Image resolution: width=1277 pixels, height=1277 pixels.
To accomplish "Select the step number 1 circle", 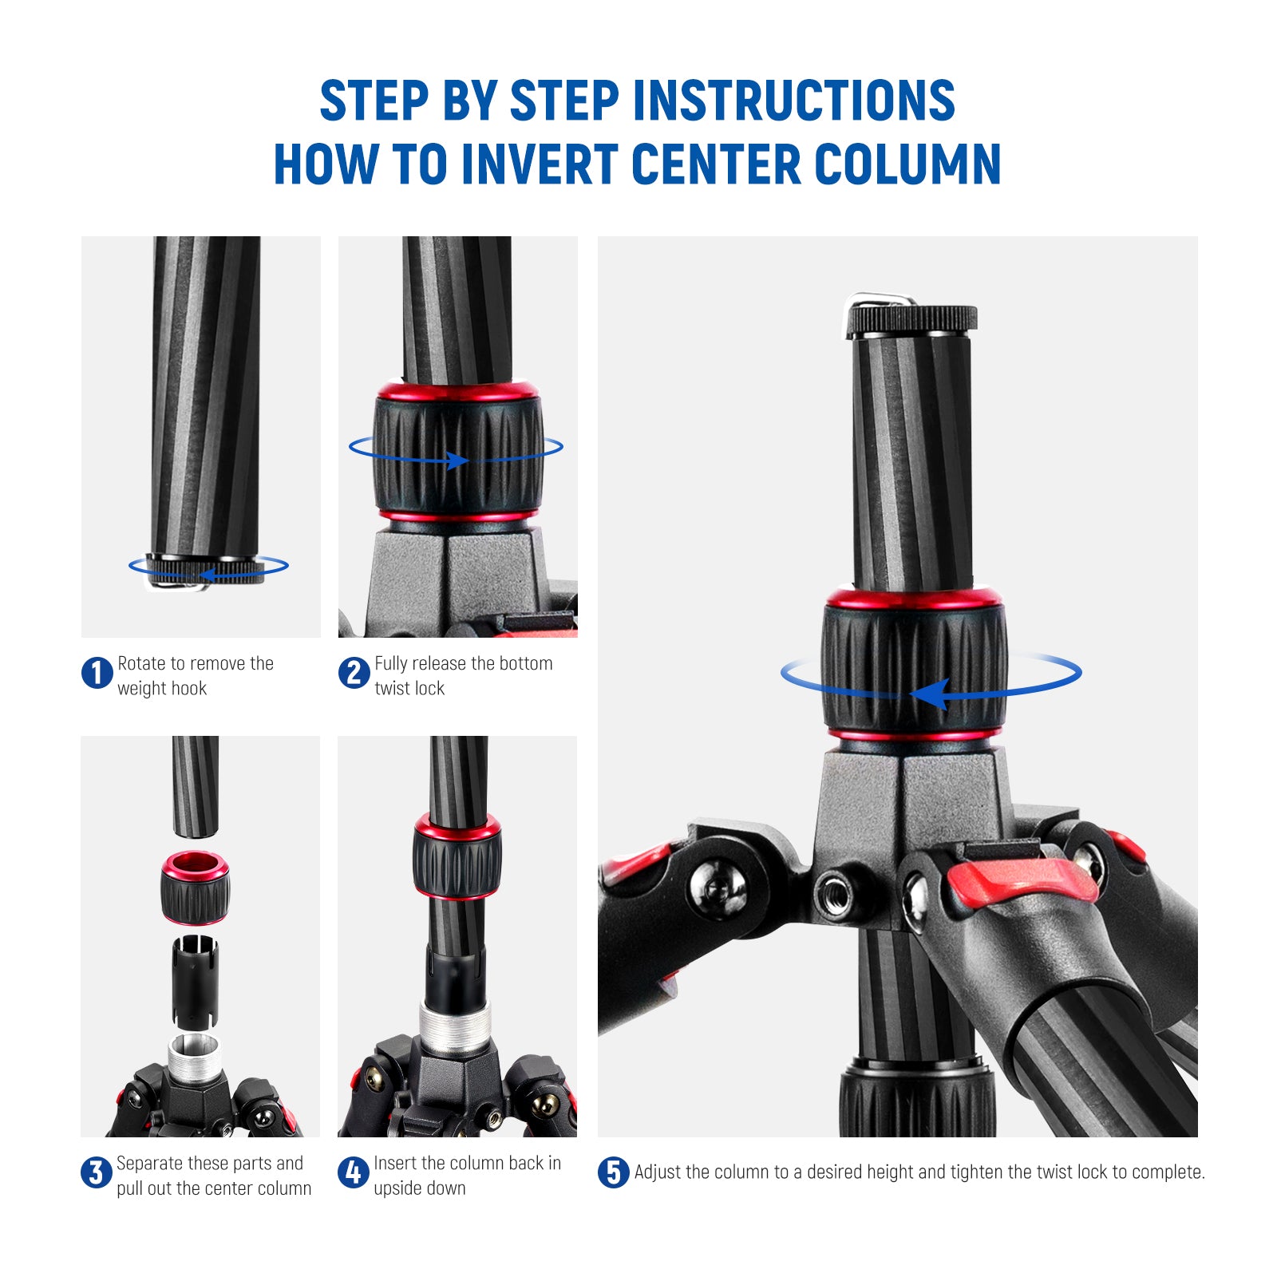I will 97,673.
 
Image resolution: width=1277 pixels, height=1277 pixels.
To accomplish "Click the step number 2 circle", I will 354,673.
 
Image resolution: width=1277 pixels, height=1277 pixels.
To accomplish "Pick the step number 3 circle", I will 96,1172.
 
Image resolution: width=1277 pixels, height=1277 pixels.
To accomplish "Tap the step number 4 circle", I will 353,1172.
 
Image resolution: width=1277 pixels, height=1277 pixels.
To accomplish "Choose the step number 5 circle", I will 613,1172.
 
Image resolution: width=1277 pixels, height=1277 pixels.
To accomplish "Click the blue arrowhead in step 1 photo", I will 207,574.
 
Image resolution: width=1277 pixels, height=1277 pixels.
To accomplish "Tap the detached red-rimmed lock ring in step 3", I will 196,888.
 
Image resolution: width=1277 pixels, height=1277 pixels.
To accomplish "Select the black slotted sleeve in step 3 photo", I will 195,980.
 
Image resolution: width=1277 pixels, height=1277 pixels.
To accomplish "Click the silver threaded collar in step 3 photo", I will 194,1058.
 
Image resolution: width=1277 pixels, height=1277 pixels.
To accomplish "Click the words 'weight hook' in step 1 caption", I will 162,688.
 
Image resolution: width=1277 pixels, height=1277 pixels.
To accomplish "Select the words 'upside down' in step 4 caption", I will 420,1188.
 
